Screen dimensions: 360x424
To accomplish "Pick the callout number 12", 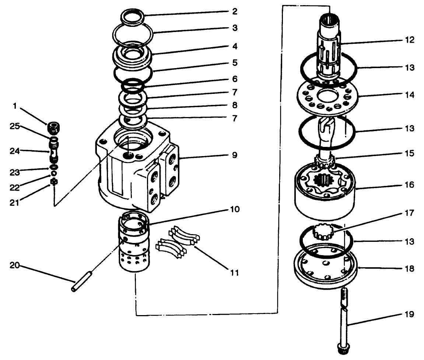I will pyautogui.click(x=409, y=40).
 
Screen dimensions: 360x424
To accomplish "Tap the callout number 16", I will pyautogui.click(x=409, y=184).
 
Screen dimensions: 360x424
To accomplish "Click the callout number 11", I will pyautogui.click(x=235, y=273).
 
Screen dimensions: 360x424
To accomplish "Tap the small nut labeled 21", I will pyautogui.click(x=54, y=181).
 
